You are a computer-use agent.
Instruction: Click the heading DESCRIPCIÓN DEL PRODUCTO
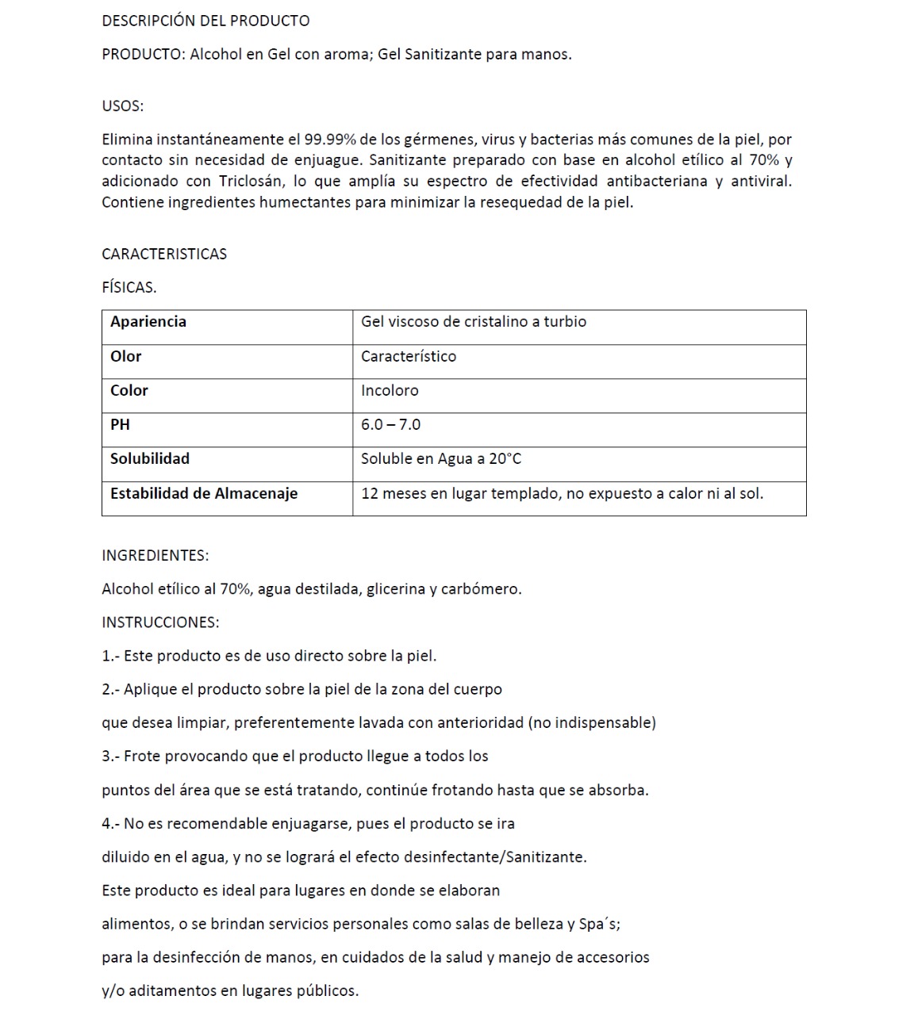205,21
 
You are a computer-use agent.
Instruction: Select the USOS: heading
122,105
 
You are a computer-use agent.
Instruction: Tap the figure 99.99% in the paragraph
329,140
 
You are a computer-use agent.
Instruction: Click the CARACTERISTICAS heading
164,254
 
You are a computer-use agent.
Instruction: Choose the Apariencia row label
148,321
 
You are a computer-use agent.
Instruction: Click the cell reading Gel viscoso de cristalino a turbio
474,321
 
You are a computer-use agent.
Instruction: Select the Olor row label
126,356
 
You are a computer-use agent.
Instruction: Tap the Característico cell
409,356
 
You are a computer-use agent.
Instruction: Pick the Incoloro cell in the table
390,390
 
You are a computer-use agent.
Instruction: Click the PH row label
120,424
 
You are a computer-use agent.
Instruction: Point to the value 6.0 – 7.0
390,424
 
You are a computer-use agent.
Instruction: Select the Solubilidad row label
150,458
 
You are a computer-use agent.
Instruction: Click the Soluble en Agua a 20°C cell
441,458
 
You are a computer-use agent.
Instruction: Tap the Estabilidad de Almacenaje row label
204,493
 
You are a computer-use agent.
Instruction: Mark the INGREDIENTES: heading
155,555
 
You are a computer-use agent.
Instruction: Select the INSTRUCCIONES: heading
160,622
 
